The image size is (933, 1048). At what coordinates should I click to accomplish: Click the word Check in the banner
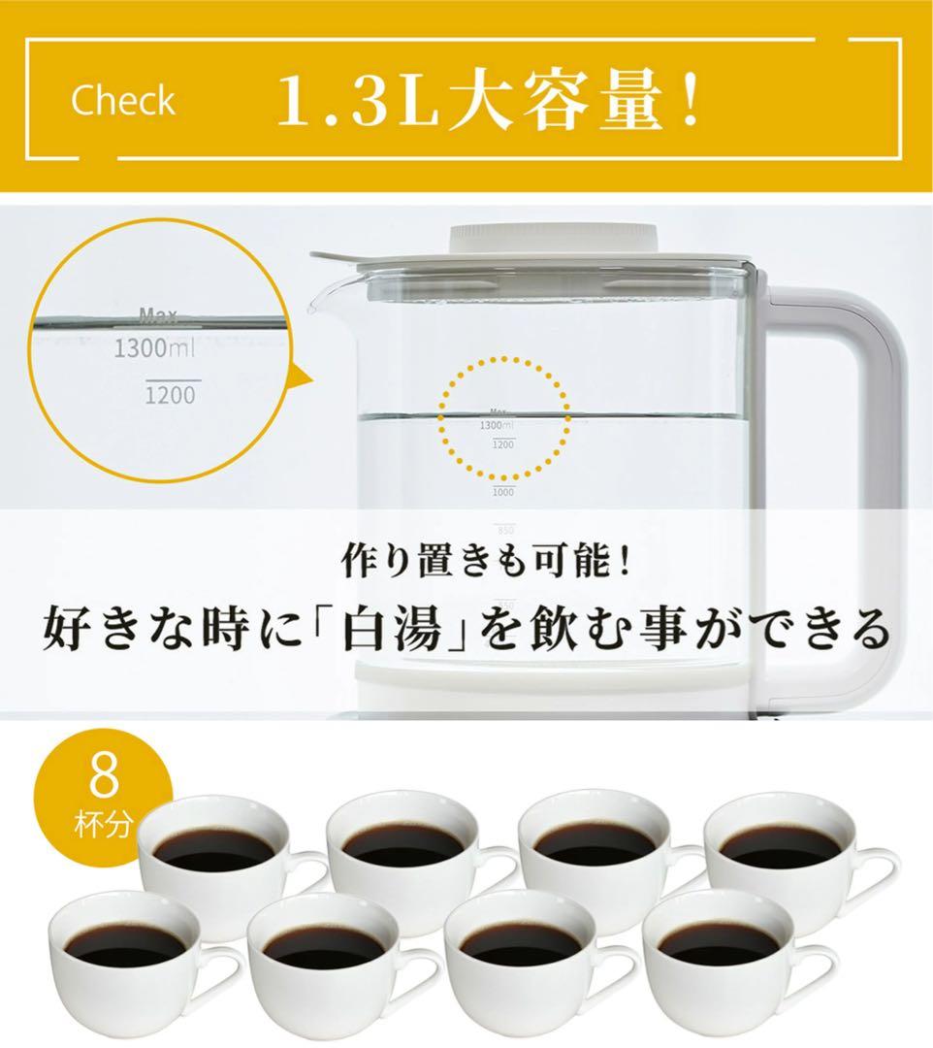coord(122,101)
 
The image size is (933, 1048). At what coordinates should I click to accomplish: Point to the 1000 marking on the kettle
coord(502,493)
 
